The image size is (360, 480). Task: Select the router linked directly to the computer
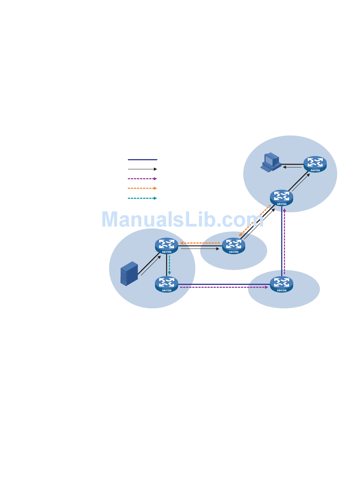click(x=315, y=164)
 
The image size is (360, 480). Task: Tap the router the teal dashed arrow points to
click(x=166, y=284)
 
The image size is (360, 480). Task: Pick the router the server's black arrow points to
click(x=166, y=246)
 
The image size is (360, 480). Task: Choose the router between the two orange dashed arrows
click(x=233, y=245)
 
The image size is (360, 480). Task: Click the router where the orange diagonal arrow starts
click(x=282, y=198)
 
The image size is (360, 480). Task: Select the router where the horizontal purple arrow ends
click(x=282, y=284)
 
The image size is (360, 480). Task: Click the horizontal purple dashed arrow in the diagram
click(x=224, y=288)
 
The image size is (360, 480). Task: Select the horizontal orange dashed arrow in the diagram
click(x=200, y=243)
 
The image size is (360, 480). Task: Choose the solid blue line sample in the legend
click(x=142, y=159)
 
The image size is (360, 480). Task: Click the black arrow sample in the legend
click(x=142, y=169)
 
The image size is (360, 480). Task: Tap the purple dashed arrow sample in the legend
click(x=142, y=178)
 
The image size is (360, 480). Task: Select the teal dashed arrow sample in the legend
click(x=142, y=198)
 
